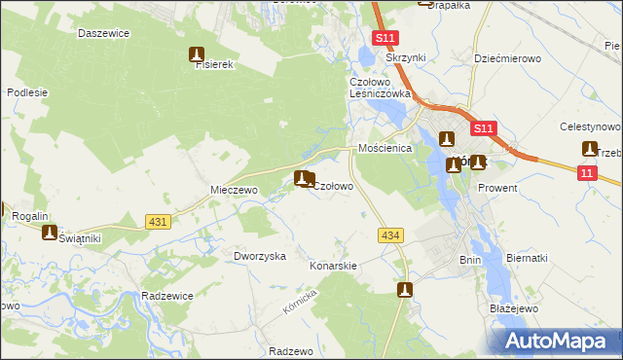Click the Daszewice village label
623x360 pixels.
[103, 33]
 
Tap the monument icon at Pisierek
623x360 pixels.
[197, 54]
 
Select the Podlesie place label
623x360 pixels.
[27, 92]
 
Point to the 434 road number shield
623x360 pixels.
[391, 235]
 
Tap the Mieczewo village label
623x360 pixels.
[234, 191]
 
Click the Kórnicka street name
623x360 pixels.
[302, 306]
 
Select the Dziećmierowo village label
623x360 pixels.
[507, 58]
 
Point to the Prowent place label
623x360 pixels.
[497, 188]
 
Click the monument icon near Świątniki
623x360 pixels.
[50, 232]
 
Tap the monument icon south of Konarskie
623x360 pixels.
[405, 289]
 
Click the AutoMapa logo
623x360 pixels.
[561, 341]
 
